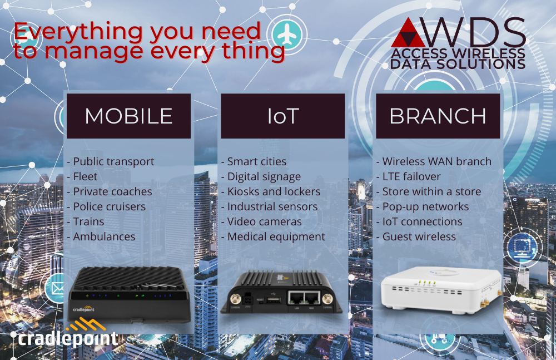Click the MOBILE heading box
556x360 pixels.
click(x=129, y=116)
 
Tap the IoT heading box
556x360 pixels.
click(x=283, y=116)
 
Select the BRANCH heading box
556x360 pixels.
click(x=438, y=116)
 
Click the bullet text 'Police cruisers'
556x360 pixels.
click(x=106, y=206)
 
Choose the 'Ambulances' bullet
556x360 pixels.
click(x=101, y=236)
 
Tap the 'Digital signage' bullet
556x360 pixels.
click(x=261, y=177)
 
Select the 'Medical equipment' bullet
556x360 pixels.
click(x=273, y=237)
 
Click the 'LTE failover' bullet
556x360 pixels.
click(x=409, y=176)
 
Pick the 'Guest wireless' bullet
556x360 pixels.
click(x=416, y=236)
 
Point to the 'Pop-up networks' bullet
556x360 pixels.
click(x=423, y=207)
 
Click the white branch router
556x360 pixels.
click(x=441, y=290)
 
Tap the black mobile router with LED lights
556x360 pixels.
click(x=130, y=295)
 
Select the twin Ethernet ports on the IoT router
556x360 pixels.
click(x=304, y=298)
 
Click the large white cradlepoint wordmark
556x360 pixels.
click(x=67, y=339)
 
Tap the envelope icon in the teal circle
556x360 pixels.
click(x=57, y=289)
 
